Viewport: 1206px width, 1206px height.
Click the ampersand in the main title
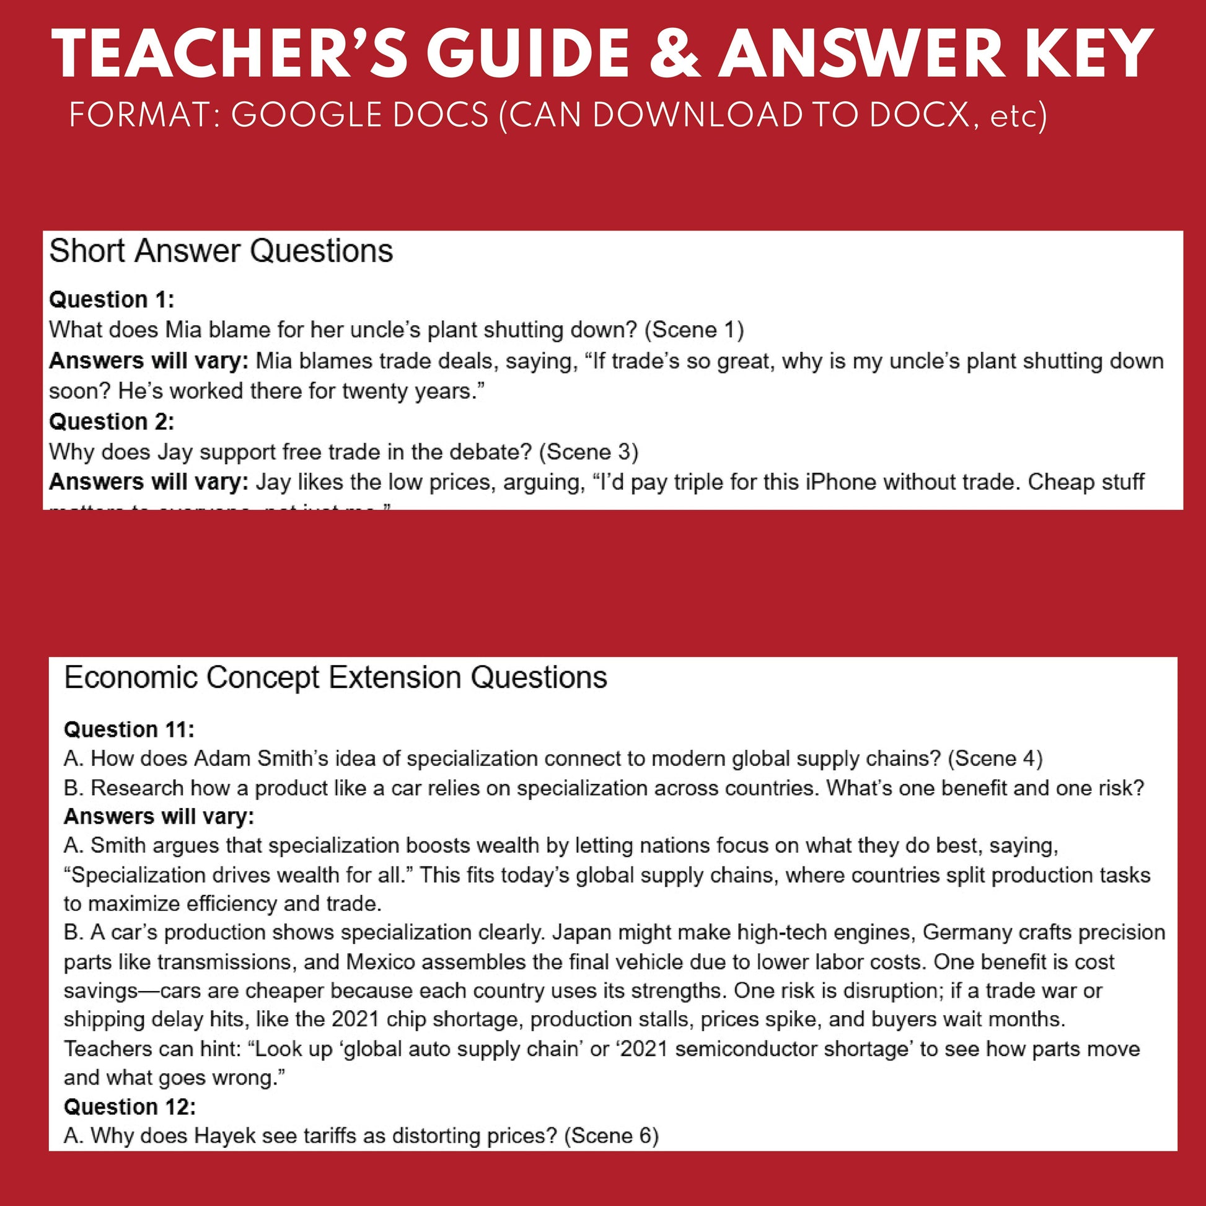pos(675,54)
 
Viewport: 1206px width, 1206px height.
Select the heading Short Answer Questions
pos(221,251)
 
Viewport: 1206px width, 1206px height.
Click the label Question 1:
pos(112,299)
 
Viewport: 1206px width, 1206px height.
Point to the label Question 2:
pos(112,422)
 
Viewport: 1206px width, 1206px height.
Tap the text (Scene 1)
pos(694,330)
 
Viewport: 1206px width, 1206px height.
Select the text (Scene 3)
pos(589,452)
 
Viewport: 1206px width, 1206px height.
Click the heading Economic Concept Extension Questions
pos(335,677)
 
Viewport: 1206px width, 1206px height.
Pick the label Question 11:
pos(129,729)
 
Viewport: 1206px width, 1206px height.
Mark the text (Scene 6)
pos(611,1135)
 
